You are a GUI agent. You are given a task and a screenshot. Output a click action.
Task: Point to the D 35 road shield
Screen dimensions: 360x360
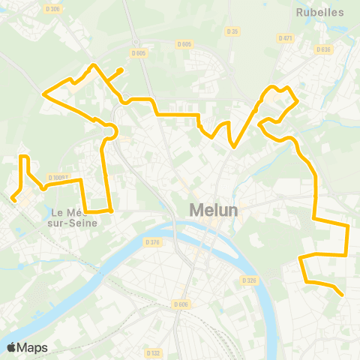232,31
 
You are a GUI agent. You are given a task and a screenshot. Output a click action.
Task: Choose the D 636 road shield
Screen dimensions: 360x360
323,49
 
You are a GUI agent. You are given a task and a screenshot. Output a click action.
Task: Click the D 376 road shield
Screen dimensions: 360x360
152,241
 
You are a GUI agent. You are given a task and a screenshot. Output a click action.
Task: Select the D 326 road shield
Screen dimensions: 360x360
250,280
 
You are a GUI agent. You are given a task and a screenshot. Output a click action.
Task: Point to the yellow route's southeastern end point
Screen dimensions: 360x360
342,295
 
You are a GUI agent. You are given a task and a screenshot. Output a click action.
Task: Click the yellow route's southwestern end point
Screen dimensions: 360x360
13,199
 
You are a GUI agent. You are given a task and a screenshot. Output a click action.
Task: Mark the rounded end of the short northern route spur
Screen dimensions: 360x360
121,71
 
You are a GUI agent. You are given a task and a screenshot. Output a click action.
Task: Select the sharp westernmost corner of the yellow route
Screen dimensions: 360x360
43,94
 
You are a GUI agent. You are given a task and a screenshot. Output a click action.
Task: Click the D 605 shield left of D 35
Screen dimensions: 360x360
185,44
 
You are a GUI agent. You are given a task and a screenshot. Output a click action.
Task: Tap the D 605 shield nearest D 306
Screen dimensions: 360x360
138,52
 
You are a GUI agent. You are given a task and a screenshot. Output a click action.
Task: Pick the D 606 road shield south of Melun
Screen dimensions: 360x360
181,304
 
